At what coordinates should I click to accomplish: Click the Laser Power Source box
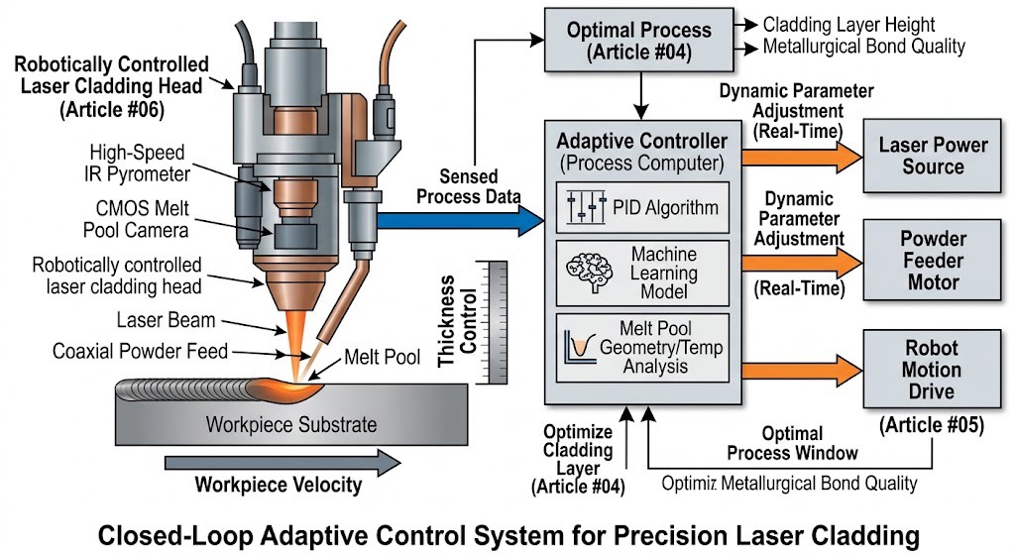(933, 156)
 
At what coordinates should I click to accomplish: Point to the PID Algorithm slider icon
(585, 208)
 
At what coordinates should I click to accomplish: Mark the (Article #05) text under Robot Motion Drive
(931, 426)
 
